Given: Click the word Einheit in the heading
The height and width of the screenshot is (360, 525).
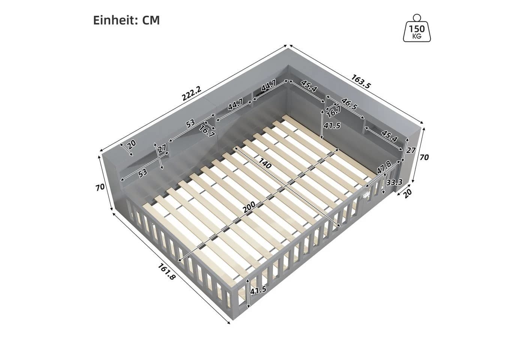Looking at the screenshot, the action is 114,20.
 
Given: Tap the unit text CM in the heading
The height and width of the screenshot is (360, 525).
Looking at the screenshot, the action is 151,20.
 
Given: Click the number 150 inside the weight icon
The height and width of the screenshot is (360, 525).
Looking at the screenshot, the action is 417,29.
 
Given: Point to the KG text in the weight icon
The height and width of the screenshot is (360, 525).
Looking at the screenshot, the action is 417,36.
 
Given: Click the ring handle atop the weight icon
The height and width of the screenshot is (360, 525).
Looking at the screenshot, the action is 417,18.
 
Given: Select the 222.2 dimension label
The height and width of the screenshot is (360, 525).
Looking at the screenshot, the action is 192,93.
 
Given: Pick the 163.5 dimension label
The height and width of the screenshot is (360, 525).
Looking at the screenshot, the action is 361,81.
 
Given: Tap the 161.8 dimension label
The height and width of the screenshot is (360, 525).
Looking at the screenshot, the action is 166,271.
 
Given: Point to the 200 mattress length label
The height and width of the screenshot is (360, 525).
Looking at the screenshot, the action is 249,207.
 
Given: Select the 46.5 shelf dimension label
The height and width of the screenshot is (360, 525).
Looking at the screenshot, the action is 349,104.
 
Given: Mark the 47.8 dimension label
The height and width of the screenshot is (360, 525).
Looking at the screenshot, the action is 384,168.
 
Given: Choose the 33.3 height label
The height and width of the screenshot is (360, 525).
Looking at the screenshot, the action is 394,182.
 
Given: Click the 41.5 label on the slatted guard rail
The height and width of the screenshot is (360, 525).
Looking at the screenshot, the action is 258,290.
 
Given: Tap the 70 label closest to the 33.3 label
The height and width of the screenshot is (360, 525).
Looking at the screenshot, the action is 424,157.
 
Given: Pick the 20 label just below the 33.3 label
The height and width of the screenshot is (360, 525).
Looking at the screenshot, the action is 408,193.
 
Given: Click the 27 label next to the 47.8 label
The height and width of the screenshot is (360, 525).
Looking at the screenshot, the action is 411,150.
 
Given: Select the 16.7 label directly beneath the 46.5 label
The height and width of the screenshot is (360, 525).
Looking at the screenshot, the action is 334,111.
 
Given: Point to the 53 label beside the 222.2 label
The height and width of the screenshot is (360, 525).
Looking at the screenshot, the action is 190,123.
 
